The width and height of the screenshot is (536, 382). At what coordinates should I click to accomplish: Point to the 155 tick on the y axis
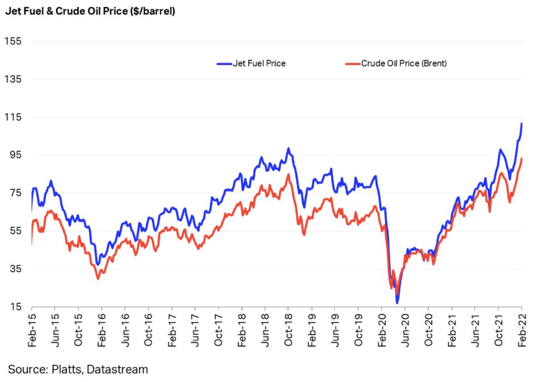(x=12, y=42)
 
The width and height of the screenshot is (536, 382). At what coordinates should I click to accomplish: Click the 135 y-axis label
(x=12, y=79)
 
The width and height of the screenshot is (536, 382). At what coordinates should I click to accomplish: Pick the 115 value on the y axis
(x=12, y=117)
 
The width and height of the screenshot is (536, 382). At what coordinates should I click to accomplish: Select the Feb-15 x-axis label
(x=32, y=331)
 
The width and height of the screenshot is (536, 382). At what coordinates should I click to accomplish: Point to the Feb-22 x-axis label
(x=522, y=331)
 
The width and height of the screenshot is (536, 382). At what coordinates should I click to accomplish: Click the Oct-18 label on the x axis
(x=288, y=331)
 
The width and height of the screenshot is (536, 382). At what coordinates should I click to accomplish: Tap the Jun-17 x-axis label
(x=195, y=331)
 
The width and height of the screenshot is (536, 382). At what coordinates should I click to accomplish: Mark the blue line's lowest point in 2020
(x=397, y=303)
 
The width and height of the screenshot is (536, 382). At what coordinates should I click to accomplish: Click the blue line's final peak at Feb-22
(x=522, y=124)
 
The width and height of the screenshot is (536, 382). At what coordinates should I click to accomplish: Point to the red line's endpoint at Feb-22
(x=522, y=159)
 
